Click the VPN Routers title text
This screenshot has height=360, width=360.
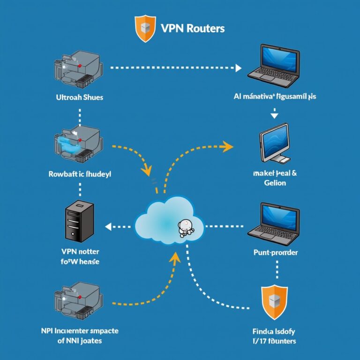(x=193, y=28)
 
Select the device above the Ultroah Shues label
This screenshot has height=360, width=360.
(x=77, y=71)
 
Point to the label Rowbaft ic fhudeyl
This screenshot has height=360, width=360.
(x=80, y=174)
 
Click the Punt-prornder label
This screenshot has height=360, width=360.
(x=275, y=253)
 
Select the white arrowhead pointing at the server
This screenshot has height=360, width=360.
(x=108, y=227)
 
